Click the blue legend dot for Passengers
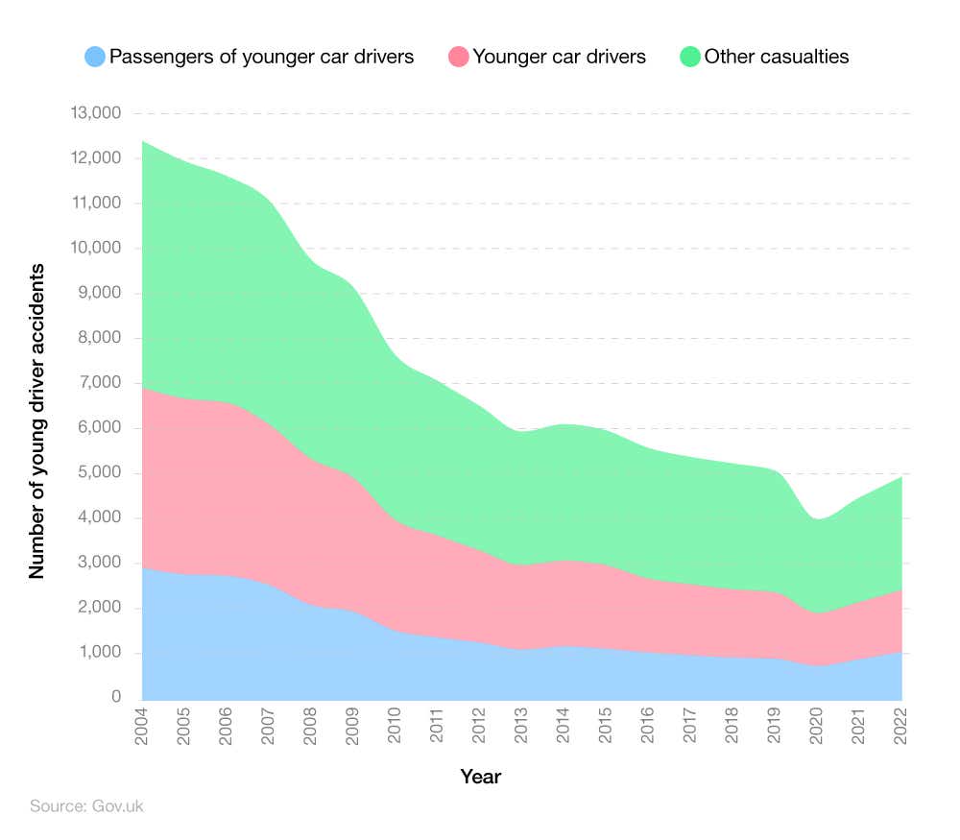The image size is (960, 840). tap(94, 57)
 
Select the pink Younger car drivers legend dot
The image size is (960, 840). tap(458, 57)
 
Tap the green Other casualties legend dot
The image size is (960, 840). tap(689, 57)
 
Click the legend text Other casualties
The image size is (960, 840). tap(777, 57)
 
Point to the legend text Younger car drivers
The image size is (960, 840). tap(560, 57)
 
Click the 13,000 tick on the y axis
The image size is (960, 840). tap(95, 113)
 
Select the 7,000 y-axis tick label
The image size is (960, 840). tap(99, 383)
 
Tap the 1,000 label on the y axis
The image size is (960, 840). tap(99, 653)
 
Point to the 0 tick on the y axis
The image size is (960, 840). tap(115, 698)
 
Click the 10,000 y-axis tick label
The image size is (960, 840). tap(95, 248)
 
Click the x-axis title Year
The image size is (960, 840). tap(480, 777)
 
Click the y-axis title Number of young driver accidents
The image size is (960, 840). tap(36, 420)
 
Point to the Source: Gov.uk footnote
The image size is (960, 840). tap(86, 806)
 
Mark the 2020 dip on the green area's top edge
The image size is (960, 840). tap(818, 519)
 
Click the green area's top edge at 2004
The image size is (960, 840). tap(143, 141)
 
